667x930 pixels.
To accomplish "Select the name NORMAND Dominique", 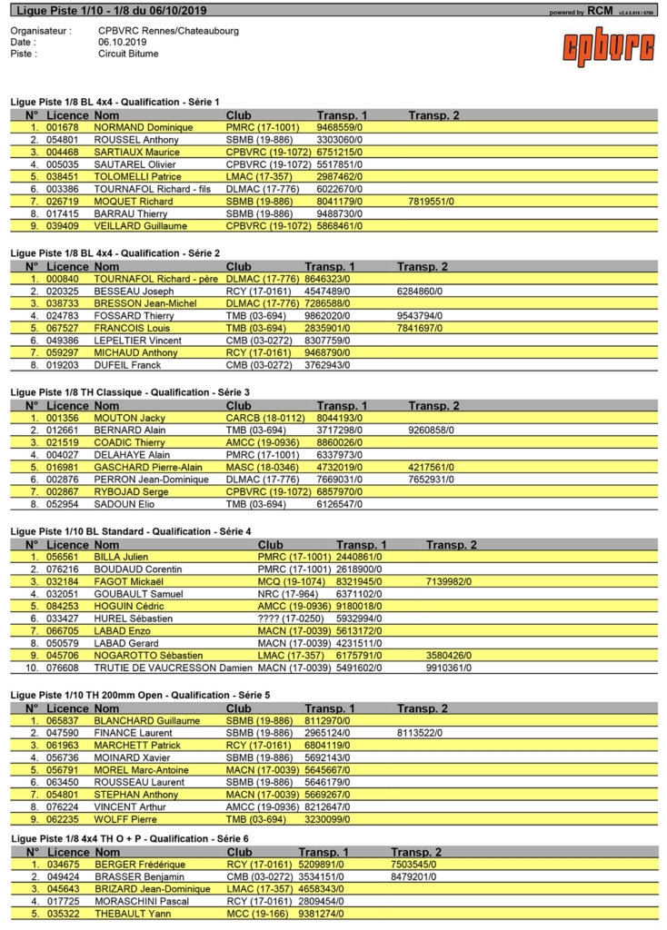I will click(x=137, y=128).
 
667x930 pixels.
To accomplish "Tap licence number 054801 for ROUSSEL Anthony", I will click(x=65, y=140).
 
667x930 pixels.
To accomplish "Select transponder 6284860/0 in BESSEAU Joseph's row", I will click(x=420, y=292).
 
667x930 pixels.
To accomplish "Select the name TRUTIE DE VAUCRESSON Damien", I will click(x=173, y=667).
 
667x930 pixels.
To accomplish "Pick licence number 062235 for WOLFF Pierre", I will click(x=65, y=818).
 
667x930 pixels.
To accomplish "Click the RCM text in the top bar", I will click(x=600, y=12).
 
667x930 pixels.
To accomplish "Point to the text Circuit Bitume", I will click(x=128, y=54).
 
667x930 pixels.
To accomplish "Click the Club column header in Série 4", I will click(x=271, y=545).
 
